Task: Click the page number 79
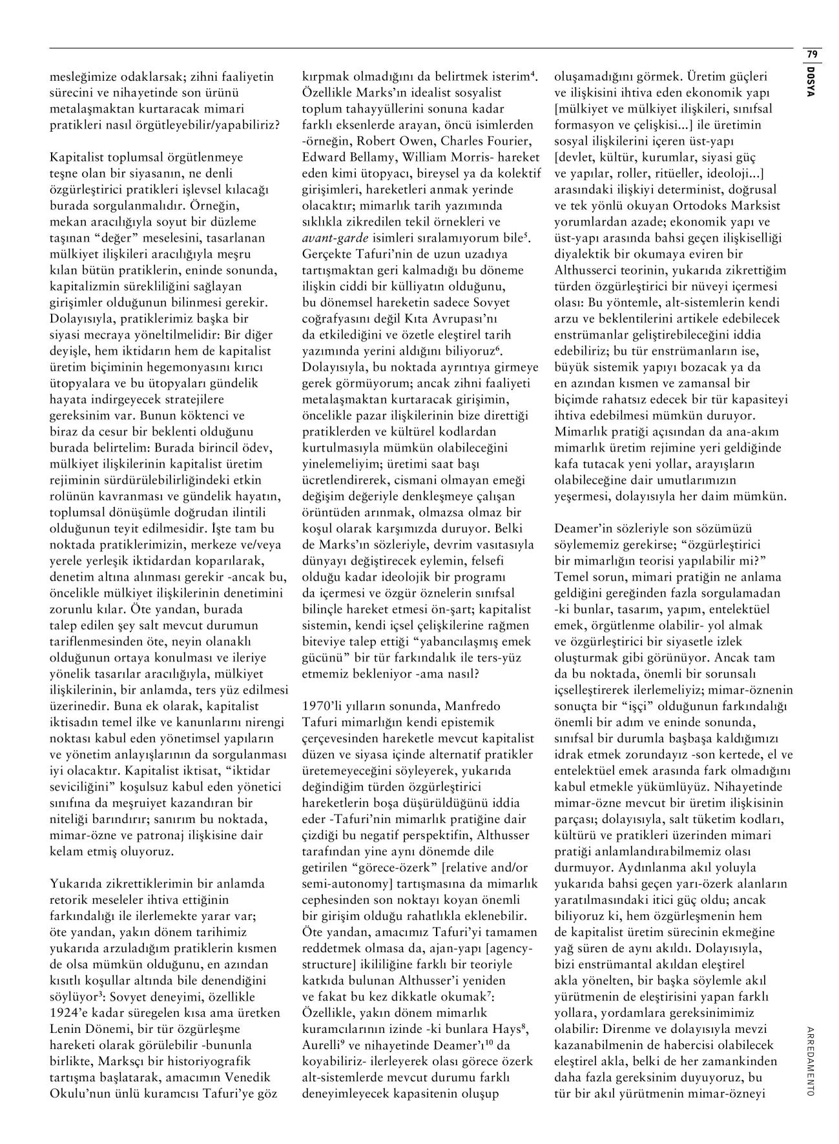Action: (812, 54)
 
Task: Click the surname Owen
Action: (430, 141)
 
